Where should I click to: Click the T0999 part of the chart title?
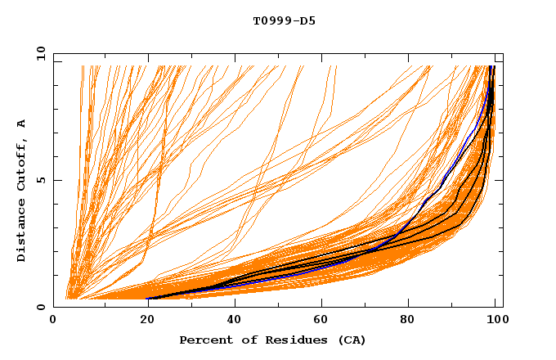coord(269,20)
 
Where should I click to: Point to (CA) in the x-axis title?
coord(351,340)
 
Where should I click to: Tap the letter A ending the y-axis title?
coord(22,124)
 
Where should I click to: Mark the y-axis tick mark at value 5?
coord(56,180)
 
